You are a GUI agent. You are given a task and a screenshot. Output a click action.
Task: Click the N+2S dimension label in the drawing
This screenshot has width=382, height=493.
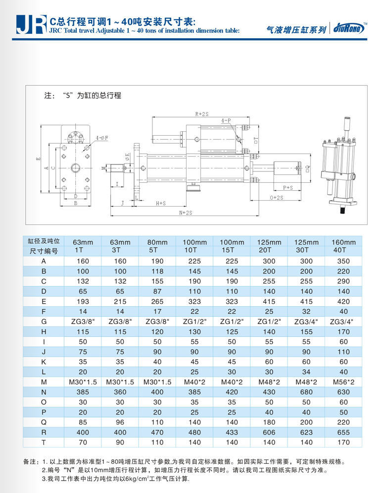[186, 213]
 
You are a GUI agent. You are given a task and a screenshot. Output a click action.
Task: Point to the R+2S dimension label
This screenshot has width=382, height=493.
[202, 114]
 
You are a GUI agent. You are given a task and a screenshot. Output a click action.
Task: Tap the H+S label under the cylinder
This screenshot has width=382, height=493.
[161, 204]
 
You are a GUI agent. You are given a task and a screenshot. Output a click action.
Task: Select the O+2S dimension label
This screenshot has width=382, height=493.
[277, 198]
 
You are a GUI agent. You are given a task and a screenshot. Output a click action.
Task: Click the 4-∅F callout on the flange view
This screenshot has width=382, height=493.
[102, 138]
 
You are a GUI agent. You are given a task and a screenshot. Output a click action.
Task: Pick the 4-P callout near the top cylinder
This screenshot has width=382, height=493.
[226, 120]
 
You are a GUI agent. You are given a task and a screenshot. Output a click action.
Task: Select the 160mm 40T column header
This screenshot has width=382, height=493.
[343, 246]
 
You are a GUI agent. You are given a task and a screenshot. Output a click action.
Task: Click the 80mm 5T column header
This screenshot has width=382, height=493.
[157, 246]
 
